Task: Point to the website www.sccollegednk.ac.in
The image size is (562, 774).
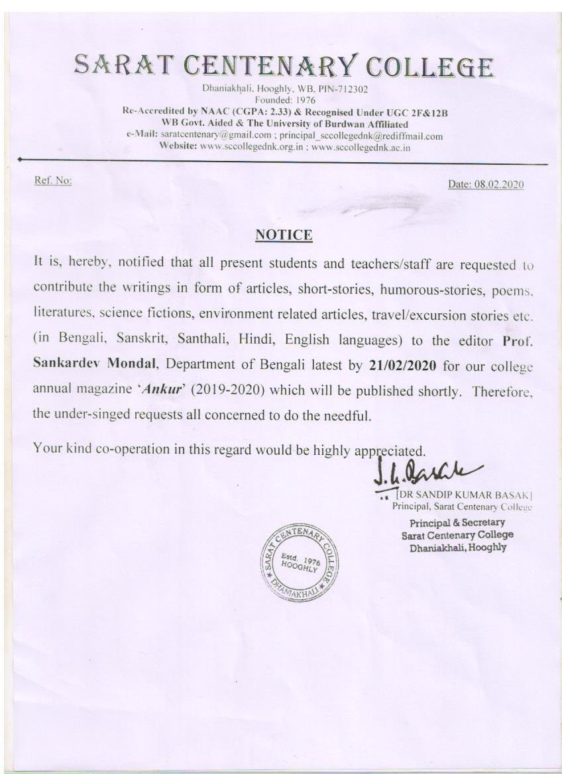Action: point(361,148)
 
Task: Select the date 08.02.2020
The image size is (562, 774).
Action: point(498,185)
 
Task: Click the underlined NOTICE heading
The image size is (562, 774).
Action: point(284,235)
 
